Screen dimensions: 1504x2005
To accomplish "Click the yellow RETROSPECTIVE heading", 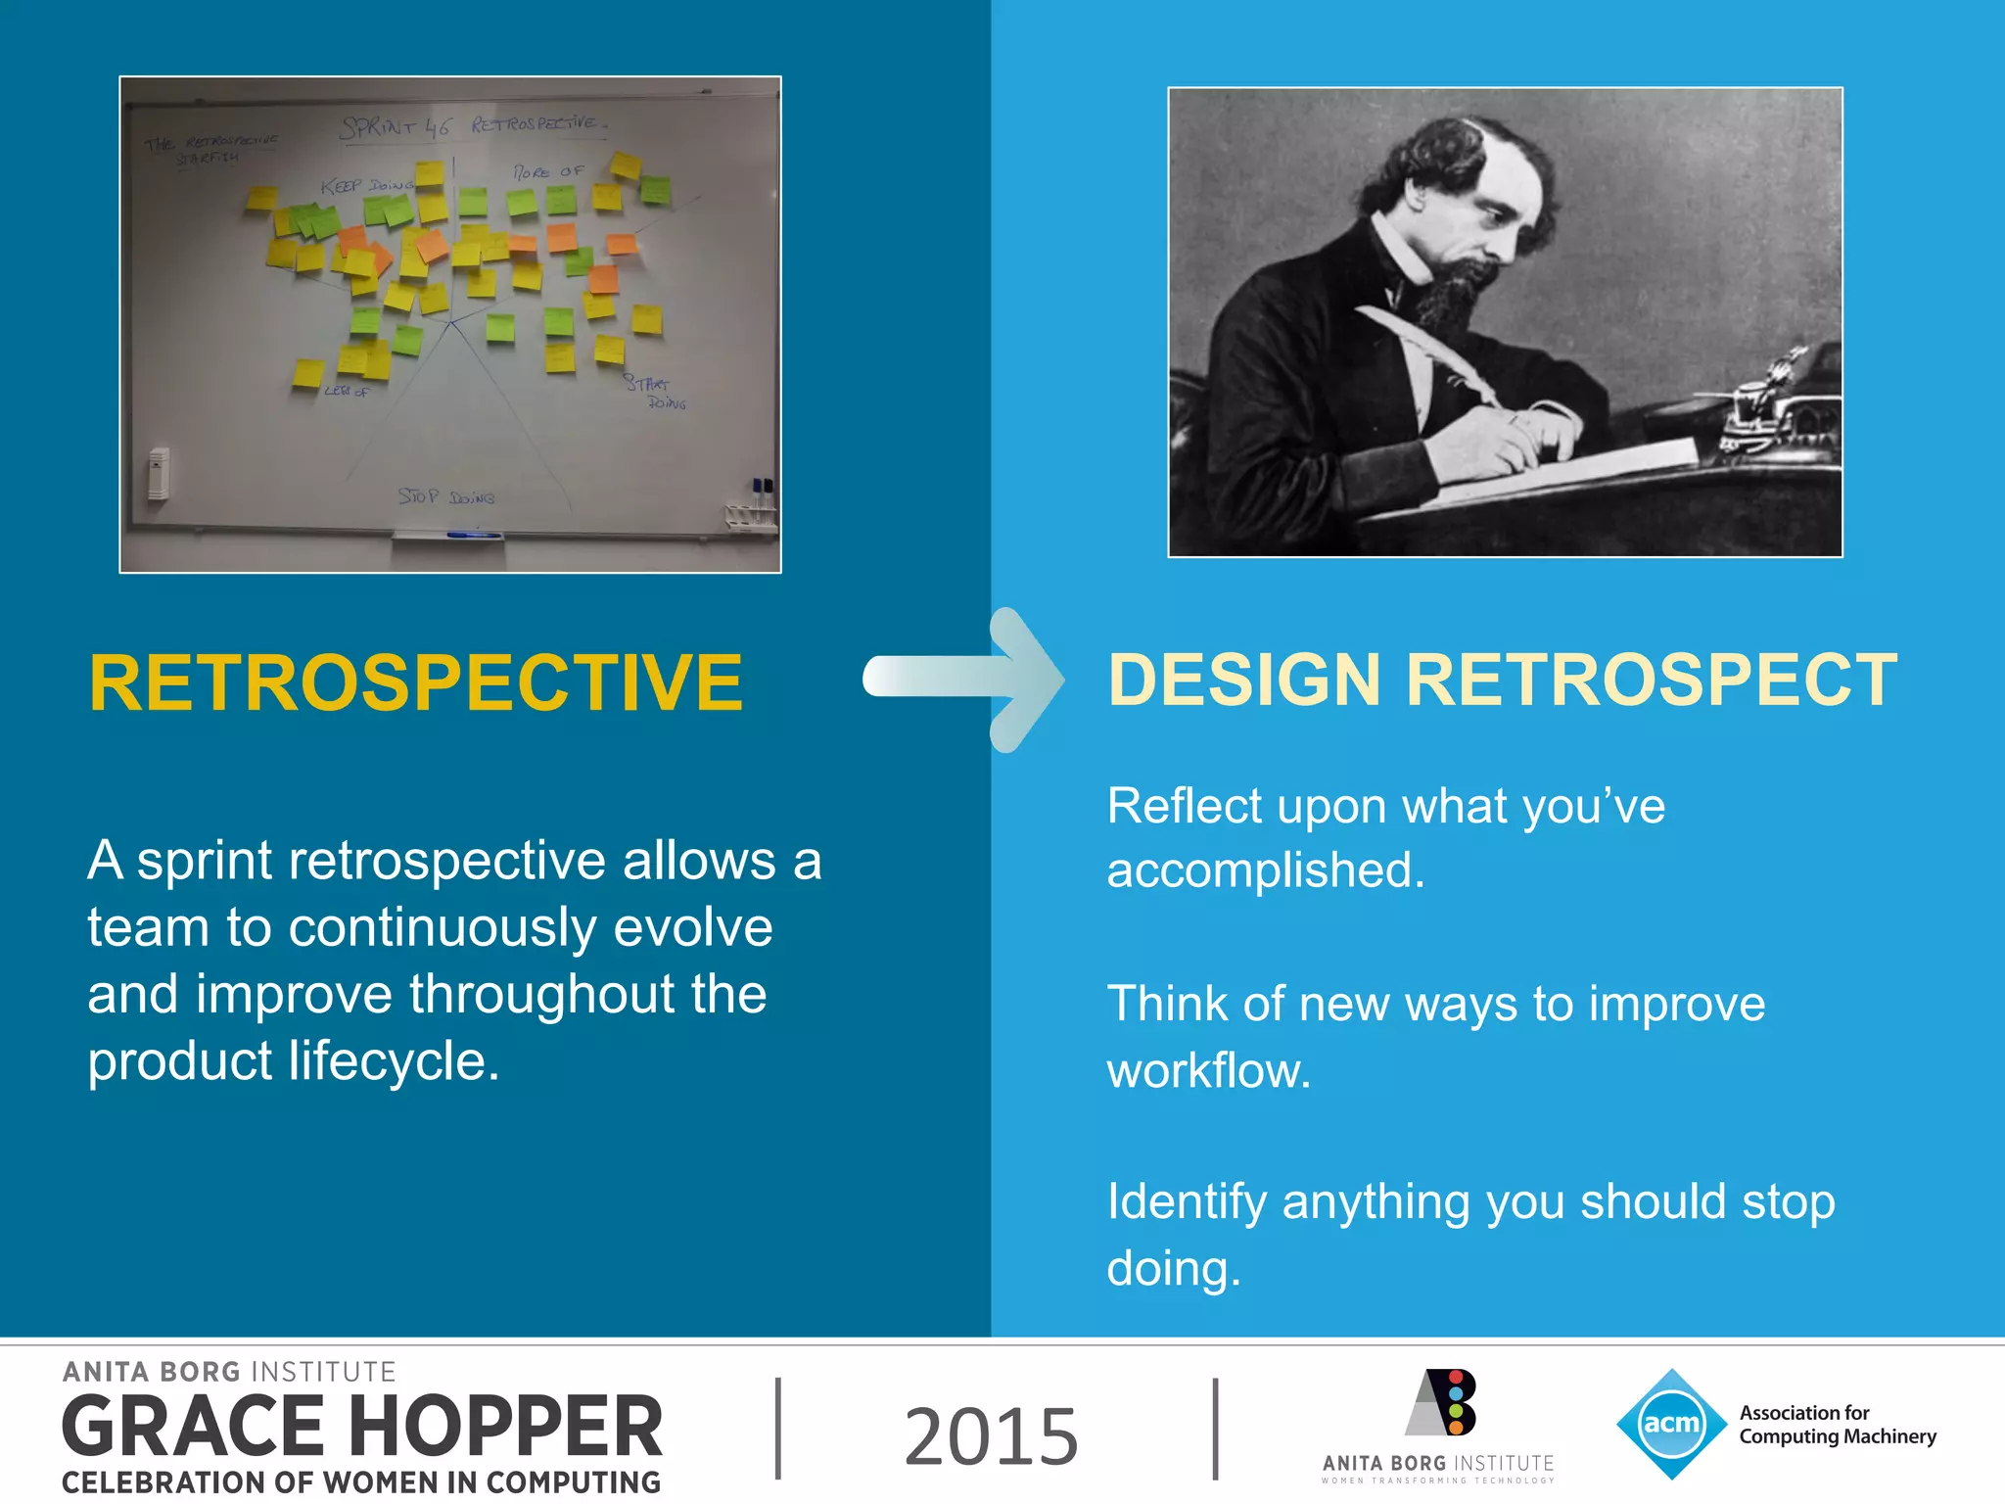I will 415,682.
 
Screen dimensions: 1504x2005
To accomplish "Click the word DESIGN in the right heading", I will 1243,680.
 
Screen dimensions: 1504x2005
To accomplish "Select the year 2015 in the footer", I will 991,1435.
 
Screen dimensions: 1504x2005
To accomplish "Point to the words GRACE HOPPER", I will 362,1427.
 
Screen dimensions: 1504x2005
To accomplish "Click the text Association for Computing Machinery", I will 1837,1425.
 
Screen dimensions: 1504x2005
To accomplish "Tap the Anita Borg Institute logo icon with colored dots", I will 1442,1402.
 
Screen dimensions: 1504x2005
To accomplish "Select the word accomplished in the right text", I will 1265,870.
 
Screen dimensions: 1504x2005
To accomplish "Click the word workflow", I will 1208,1071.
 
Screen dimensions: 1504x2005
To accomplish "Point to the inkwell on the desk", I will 1762,406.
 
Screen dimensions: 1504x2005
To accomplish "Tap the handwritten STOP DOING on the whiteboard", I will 445,497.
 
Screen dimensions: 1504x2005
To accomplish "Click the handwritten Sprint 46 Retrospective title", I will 473,125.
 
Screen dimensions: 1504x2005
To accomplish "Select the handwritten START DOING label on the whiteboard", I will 654,392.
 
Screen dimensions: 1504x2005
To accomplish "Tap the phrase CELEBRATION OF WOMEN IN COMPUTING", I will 360,1482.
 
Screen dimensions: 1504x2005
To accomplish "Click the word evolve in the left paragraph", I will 692,927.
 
